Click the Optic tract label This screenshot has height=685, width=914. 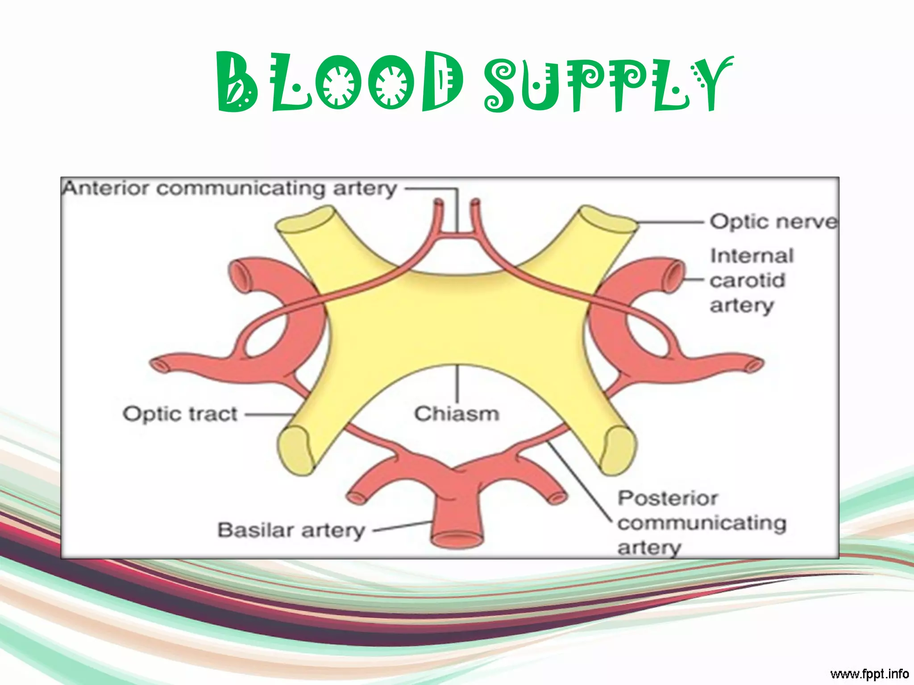tap(180, 414)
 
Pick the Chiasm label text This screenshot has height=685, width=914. tap(457, 413)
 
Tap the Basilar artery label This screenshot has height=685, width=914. tap(291, 530)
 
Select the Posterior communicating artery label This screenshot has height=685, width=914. tap(701, 523)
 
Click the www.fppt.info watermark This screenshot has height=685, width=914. tap(869, 673)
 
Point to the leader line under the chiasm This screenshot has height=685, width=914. tap(457, 384)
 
